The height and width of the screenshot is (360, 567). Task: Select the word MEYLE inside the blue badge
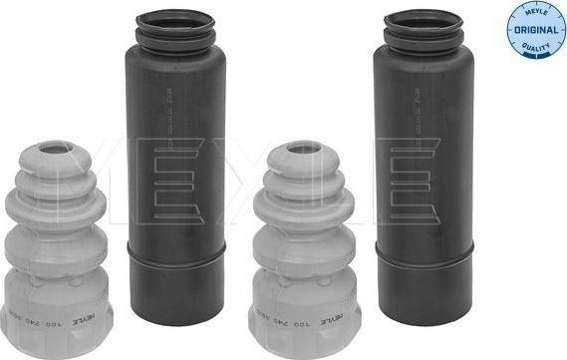coord(535,14)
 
